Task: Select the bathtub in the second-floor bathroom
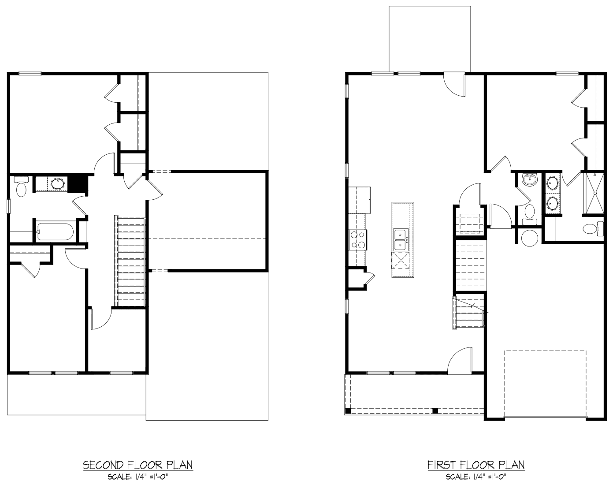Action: point(56,231)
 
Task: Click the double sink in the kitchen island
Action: point(401,239)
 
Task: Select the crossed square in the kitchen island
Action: point(401,260)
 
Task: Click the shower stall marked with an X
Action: point(594,193)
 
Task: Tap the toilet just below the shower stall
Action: point(593,229)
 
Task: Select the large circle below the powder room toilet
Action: point(529,238)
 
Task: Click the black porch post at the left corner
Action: point(348,411)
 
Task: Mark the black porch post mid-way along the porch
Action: point(435,411)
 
